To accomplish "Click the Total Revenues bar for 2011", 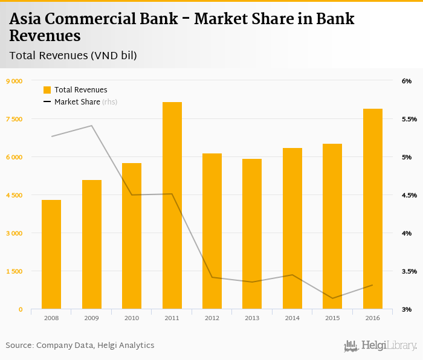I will tap(172, 205).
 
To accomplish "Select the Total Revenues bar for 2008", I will tap(51, 254).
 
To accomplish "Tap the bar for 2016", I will tap(372, 209).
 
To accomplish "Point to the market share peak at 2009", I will tap(91, 126).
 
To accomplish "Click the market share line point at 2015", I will tap(332, 298).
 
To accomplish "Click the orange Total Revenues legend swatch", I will tap(47, 90).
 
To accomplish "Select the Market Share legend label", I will tap(77, 102).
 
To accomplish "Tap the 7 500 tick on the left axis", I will tap(13, 119).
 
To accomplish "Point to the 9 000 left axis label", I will tap(13, 81).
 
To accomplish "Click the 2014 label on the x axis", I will tap(292, 318).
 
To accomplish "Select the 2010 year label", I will tap(131, 318).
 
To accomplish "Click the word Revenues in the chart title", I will tap(45, 36).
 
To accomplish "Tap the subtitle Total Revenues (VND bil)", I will tap(73, 56).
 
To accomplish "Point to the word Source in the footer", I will tap(19, 346).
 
